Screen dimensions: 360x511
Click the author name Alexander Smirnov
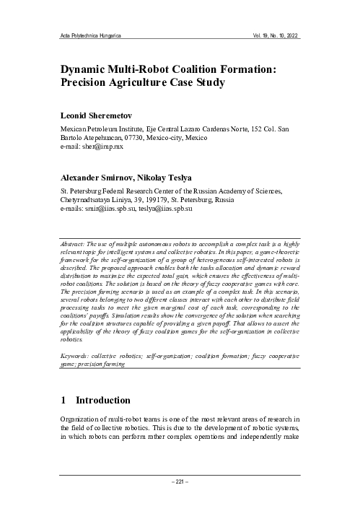tap(101, 177)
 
